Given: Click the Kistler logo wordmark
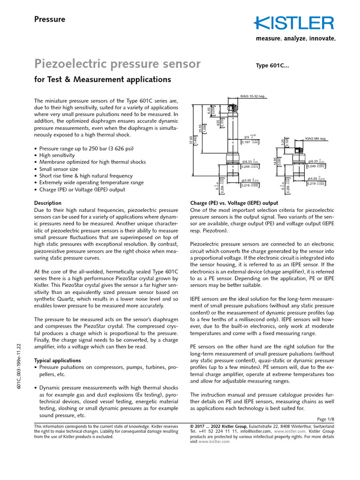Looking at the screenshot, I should pyautogui.click(x=294, y=23).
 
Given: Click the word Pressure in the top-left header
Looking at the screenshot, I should pyautogui.click(x=50, y=19).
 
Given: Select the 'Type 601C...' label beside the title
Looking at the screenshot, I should pyautogui.click(x=272, y=66).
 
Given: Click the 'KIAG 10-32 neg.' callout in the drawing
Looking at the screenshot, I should pyautogui.click(x=253, y=96).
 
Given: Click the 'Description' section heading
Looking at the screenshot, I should pyautogui.click(x=48, y=203).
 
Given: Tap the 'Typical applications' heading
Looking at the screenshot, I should pyautogui.click(x=58, y=360).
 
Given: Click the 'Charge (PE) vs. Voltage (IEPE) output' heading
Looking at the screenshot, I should pyautogui.click(x=234, y=203).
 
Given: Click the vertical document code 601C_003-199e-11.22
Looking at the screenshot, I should pyautogui.click(x=19, y=366).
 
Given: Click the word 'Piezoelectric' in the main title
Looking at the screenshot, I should pyautogui.click(x=75, y=63).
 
